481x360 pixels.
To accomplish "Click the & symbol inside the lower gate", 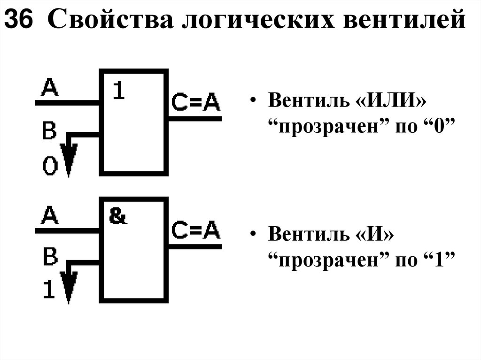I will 118,216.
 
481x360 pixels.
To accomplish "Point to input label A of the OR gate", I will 50,87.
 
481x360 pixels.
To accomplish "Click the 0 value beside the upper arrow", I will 50,165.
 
